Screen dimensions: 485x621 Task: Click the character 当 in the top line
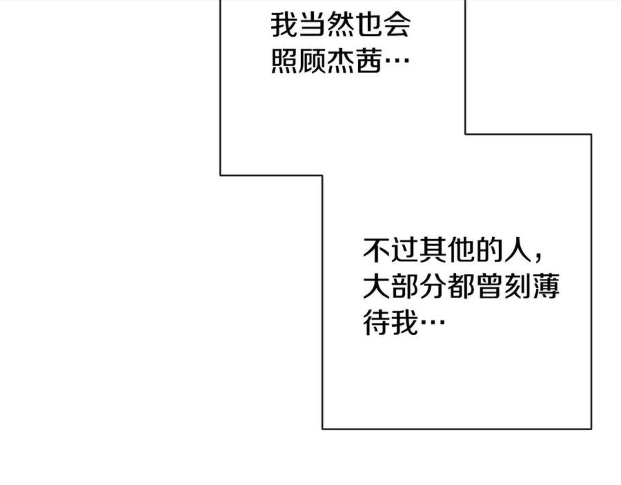[x=312, y=25]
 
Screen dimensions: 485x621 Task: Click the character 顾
[x=312, y=61]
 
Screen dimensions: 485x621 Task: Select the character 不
[x=377, y=250]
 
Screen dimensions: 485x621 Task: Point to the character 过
[x=405, y=250]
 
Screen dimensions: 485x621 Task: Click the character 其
[x=433, y=250]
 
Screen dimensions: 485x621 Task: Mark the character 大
[x=377, y=286]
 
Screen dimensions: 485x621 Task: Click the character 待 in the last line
[x=377, y=323]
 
